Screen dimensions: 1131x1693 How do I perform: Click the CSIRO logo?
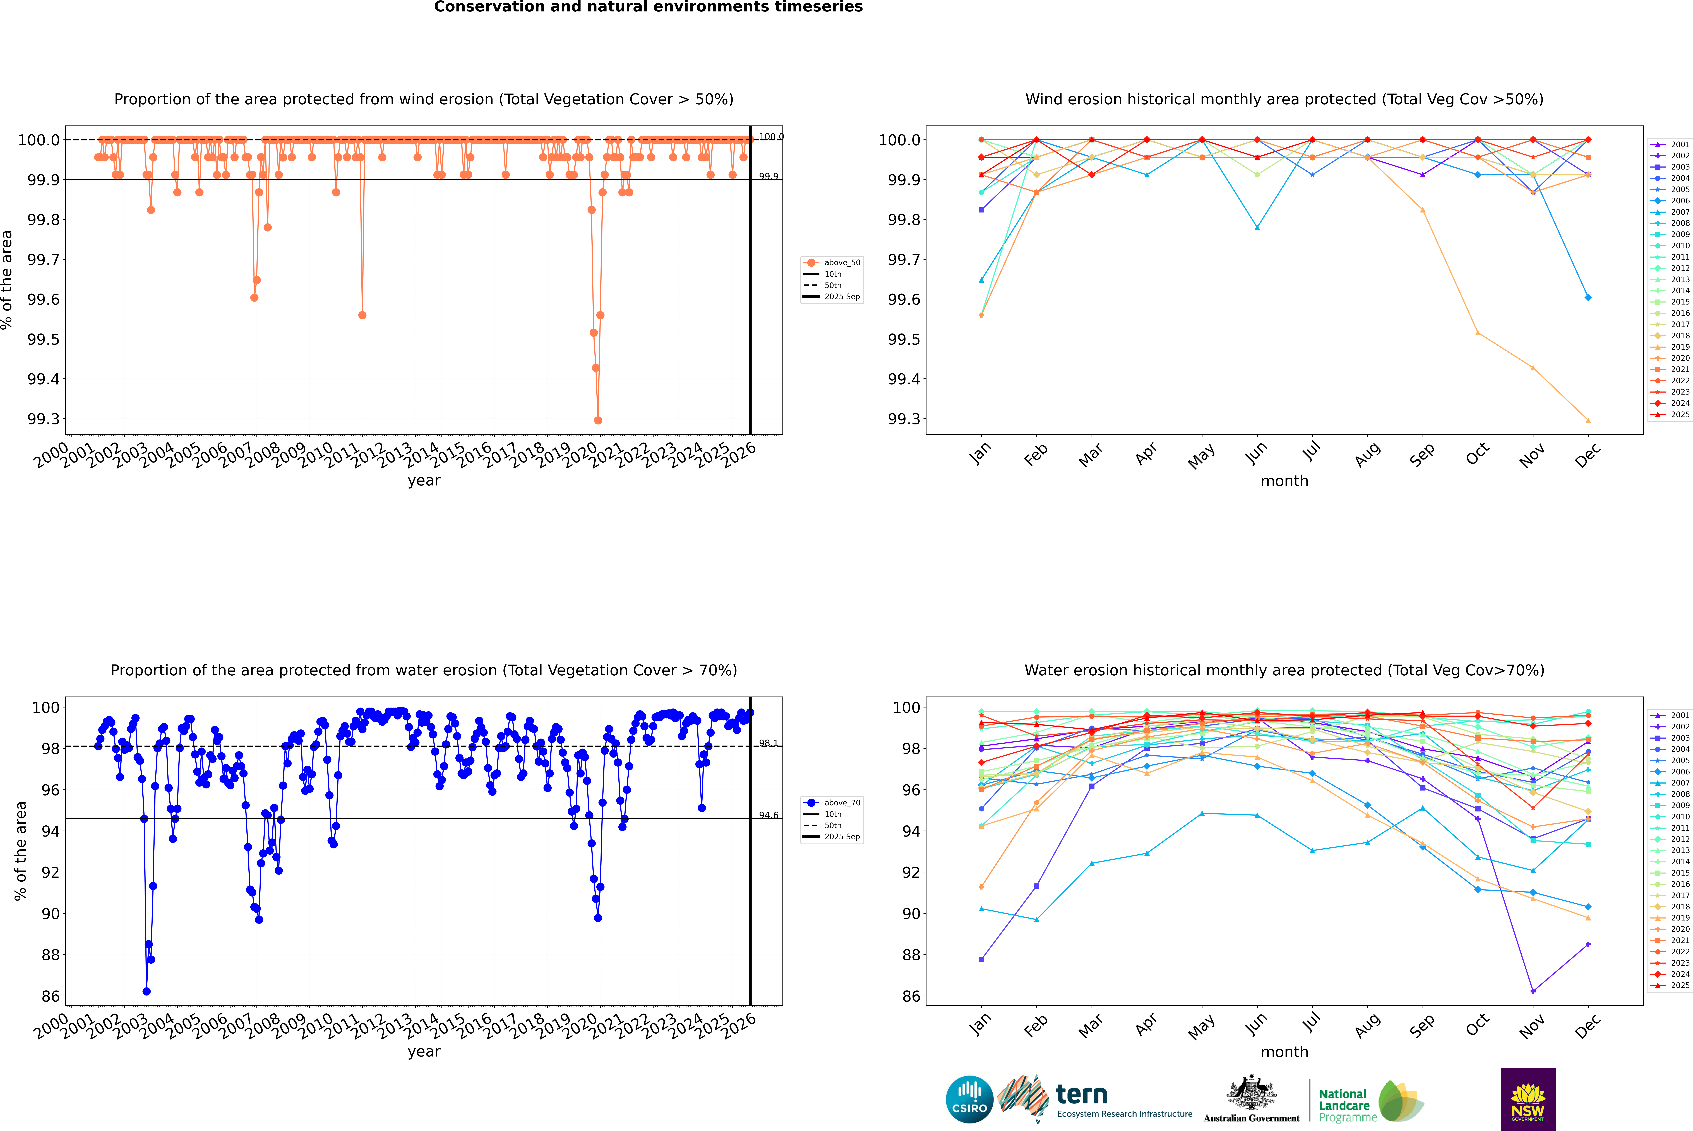(969, 1099)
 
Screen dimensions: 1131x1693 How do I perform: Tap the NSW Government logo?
(1528, 1099)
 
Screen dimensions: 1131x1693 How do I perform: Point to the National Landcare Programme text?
(1344, 1106)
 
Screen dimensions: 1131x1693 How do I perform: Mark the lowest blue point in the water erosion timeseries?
(147, 991)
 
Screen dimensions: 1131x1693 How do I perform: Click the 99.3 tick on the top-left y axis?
(43, 419)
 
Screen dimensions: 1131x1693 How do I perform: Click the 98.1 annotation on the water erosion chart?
(768, 743)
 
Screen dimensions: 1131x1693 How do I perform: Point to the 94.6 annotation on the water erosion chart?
(768, 815)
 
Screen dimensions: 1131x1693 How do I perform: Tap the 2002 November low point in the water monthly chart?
(1533, 991)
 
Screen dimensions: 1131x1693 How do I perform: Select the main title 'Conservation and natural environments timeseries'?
(648, 7)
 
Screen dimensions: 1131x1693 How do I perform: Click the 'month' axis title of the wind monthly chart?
(1284, 481)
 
